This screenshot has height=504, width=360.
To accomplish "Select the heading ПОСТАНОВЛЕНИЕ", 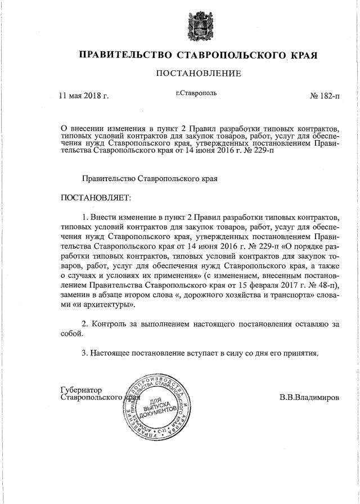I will click(x=198, y=74).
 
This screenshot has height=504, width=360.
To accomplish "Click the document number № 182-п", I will click(x=325, y=96).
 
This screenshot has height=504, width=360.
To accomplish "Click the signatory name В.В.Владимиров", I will click(x=309, y=397).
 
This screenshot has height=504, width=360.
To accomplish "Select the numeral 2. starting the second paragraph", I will click(x=85, y=325).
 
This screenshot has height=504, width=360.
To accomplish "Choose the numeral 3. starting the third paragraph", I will click(x=85, y=353).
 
